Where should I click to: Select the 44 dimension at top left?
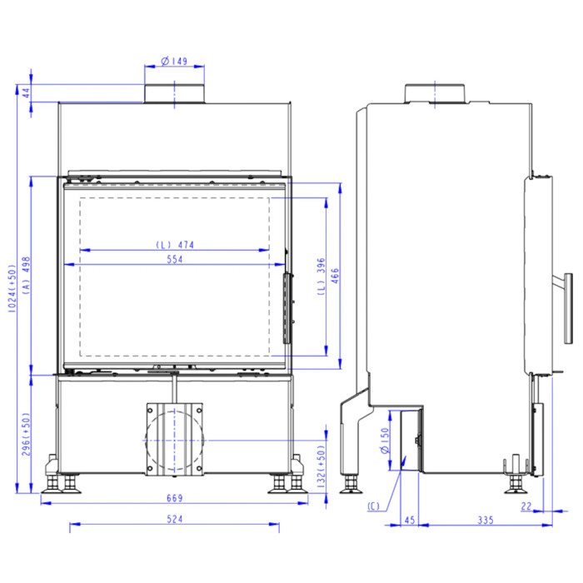point(27,92)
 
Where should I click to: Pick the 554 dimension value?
point(174,259)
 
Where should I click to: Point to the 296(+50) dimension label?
point(27,433)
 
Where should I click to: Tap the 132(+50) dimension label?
point(321,464)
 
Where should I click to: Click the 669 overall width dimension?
point(174,498)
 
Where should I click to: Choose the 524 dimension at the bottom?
point(174,519)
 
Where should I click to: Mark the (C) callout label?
point(372,506)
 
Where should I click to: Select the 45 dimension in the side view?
point(409,520)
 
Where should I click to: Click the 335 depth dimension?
point(486,520)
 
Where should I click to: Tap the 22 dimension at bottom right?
point(526,504)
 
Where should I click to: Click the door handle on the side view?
point(566,307)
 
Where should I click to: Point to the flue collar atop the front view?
point(174,93)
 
